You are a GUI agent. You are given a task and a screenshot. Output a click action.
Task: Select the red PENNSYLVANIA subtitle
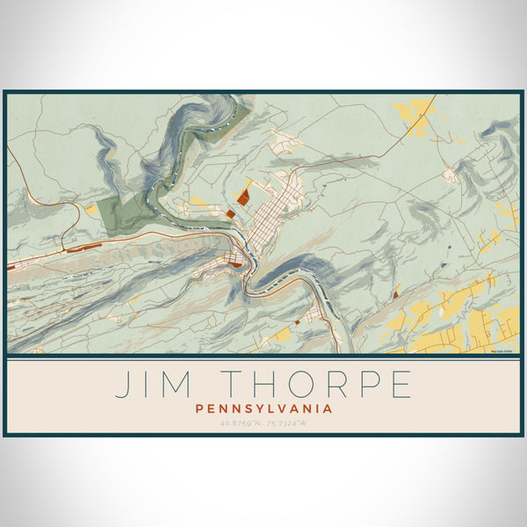pos(263,408)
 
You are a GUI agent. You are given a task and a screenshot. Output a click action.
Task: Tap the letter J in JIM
pos(121,385)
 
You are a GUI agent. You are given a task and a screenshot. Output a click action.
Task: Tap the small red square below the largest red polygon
pos(230,213)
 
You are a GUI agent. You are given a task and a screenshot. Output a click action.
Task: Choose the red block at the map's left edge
pos(11,264)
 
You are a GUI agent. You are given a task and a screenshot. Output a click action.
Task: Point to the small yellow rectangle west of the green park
pos(91,210)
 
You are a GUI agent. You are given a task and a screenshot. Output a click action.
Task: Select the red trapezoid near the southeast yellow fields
pos(397,297)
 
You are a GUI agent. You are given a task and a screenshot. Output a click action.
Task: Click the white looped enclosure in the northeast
pos(452,175)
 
